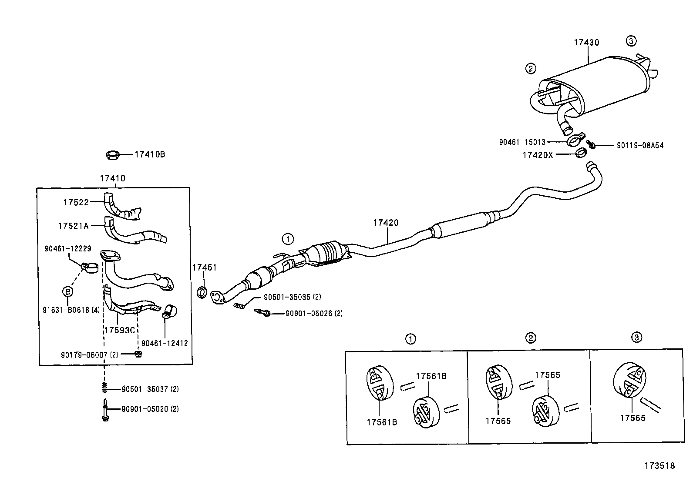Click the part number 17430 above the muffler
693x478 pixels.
pyautogui.click(x=586, y=42)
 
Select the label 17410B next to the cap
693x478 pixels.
pyautogui.click(x=149, y=154)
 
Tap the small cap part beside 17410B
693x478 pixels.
pyautogui.click(x=113, y=154)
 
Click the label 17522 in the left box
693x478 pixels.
pyautogui.click(x=76, y=202)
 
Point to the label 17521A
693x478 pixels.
pyautogui.click(x=73, y=226)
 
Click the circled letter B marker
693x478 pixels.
pyautogui.click(x=68, y=291)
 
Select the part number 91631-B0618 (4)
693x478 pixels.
pyautogui.click(x=71, y=310)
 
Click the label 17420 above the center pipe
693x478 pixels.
pyautogui.click(x=385, y=223)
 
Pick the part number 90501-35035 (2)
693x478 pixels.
pyautogui.click(x=292, y=297)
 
